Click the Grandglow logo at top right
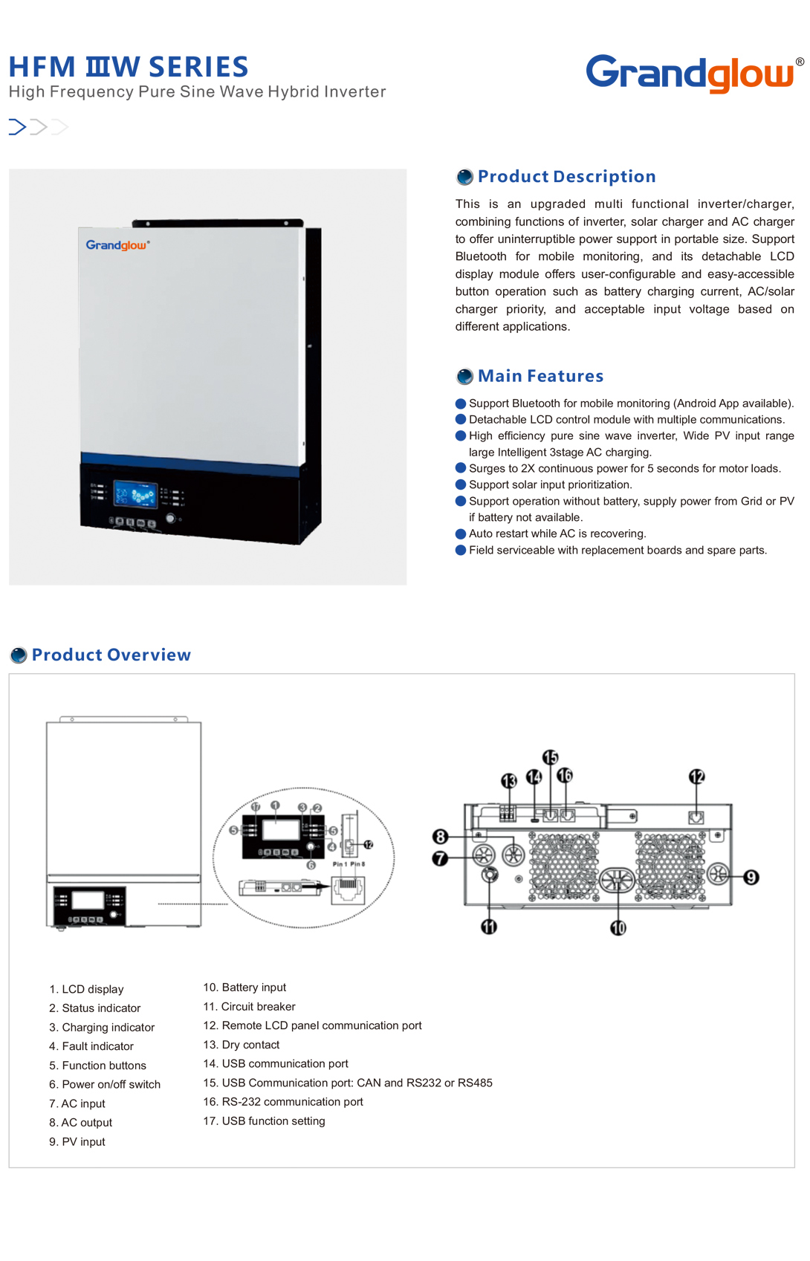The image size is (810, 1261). [689, 74]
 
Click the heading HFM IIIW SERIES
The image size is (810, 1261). [129, 67]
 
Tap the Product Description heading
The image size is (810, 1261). [566, 177]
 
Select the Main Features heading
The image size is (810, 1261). [540, 376]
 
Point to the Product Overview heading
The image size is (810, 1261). [111, 655]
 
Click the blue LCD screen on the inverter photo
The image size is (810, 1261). [135, 494]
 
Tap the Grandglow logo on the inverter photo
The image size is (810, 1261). [117, 245]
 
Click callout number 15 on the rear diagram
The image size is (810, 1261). [550, 757]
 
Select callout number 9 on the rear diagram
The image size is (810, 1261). [751, 878]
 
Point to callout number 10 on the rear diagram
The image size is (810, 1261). [618, 927]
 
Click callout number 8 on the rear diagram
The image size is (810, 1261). [440, 837]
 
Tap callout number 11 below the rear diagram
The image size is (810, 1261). [489, 927]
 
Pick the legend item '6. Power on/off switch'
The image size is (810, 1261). [105, 1084]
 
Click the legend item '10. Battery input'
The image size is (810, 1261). [244, 988]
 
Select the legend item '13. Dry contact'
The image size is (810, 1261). [242, 1045]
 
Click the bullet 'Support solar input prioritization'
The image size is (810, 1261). [550, 484]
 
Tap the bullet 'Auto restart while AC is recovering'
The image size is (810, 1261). [557, 534]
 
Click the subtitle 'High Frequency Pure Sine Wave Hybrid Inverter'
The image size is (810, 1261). [197, 92]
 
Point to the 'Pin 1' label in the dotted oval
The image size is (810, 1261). [339, 864]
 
